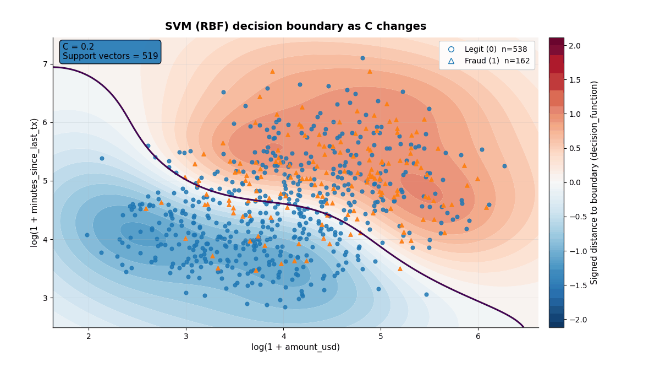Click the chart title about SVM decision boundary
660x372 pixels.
(x=295, y=26)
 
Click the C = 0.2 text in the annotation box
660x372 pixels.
(x=79, y=47)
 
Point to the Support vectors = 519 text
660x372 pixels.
(x=110, y=56)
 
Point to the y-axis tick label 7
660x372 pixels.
(x=46, y=64)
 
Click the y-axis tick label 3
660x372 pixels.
(x=46, y=298)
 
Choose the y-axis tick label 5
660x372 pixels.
(x=46, y=181)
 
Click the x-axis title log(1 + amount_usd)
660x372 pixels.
(x=295, y=347)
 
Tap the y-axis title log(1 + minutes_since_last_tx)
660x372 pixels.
(x=35, y=182)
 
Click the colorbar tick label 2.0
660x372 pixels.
(x=575, y=45)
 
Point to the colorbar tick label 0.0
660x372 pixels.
(x=575, y=182)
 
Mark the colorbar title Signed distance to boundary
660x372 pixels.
(x=595, y=182)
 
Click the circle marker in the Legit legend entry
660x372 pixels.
(x=452, y=49)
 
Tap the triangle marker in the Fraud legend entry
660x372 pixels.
(x=452, y=61)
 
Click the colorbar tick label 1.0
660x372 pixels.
(x=575, y=114)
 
